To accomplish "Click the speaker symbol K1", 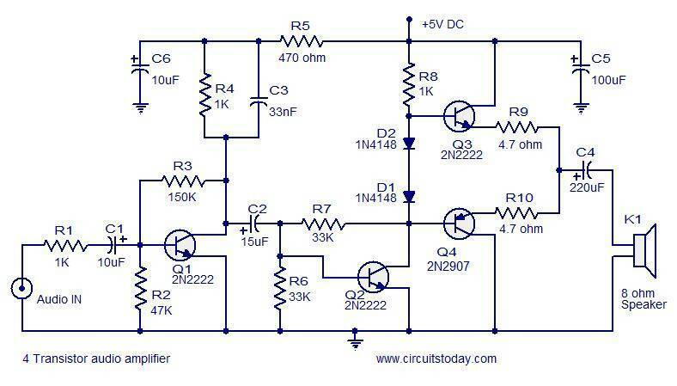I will click(643, 248).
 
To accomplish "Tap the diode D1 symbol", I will click(410, 197).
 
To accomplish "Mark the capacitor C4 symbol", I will click(586, 169).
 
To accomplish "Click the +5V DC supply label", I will click(442, 24).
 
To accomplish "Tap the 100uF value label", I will click(608, 79).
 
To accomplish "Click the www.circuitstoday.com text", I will click(436, 358).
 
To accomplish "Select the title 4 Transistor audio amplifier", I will click(91, 358).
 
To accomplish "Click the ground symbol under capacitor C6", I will click(138, 108).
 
